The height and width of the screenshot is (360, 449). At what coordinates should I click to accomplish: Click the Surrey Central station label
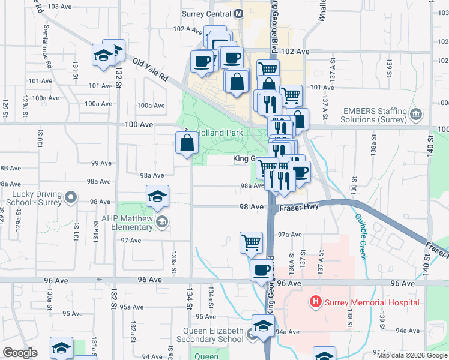tap(206, 13)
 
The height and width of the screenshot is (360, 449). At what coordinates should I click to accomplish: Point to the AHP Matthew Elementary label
tap(127, 223)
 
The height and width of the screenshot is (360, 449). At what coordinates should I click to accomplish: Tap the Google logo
tap(20, 353)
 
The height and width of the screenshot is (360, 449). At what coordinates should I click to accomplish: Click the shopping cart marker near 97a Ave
tap(251, 242)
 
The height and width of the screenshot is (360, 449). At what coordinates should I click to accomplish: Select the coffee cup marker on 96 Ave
tap(261, 270)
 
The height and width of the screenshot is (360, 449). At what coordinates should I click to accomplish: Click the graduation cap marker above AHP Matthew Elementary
tap(157, 196)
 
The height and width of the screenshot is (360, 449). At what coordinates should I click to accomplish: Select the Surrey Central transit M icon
tap(239, 13)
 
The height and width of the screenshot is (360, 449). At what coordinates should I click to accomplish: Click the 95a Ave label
tap(133, 307)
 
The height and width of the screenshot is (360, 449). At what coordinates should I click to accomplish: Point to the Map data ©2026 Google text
tap(412, 355)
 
